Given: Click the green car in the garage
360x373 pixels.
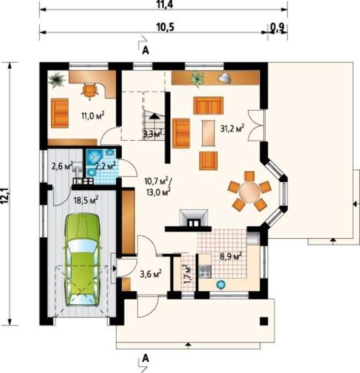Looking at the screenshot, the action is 82,260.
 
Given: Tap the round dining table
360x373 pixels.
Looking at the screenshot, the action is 250,192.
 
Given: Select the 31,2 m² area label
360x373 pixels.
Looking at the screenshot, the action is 232,129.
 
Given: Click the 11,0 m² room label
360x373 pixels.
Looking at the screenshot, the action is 93,116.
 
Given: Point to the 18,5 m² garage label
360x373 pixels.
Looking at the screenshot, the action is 86,200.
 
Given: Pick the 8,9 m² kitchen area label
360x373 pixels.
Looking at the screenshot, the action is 230,257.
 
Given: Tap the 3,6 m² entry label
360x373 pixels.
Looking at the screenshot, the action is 151,274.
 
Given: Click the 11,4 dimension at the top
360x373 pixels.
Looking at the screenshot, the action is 165,4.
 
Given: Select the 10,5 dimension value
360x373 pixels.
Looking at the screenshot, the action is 165,27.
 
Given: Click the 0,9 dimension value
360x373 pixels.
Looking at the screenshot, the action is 277,27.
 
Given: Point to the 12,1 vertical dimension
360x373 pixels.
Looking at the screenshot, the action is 5,196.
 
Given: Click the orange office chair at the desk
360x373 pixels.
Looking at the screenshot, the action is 90,91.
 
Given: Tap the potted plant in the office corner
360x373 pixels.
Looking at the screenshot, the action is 56,80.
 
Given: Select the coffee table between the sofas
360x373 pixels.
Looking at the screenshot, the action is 209,133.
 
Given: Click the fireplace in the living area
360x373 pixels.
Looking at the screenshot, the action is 193,218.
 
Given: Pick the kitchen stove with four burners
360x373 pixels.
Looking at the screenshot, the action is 205,272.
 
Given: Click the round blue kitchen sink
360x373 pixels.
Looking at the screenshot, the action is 221,285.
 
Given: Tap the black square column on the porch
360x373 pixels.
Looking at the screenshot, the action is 264,321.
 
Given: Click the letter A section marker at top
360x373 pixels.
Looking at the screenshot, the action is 146,50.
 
